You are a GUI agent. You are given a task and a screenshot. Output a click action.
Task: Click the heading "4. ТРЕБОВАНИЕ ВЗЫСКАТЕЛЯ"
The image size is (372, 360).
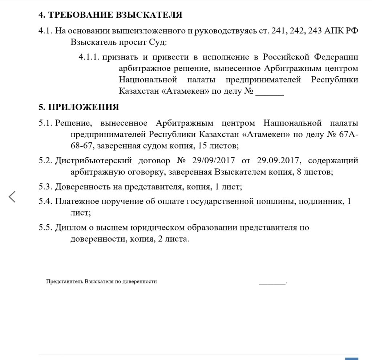point(110,15)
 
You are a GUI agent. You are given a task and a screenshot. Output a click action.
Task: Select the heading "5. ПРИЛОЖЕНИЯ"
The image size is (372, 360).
point(79,107)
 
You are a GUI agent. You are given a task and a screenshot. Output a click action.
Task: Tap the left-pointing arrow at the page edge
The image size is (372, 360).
point(12,197)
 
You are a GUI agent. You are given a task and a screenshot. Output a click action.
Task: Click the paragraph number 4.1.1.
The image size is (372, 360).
point(89,57)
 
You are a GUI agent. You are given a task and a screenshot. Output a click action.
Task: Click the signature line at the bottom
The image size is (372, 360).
point(272,282)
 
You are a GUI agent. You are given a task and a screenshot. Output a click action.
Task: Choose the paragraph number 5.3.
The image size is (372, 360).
point(46,187)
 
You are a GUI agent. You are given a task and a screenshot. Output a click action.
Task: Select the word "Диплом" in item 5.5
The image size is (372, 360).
point(69,228)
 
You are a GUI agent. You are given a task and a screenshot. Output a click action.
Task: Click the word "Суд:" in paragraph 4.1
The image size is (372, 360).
point(157,42)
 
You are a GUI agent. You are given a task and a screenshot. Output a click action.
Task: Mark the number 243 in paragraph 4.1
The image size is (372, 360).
point(315,31)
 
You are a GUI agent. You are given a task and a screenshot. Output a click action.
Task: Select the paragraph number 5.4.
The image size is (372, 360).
point(46,201)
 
